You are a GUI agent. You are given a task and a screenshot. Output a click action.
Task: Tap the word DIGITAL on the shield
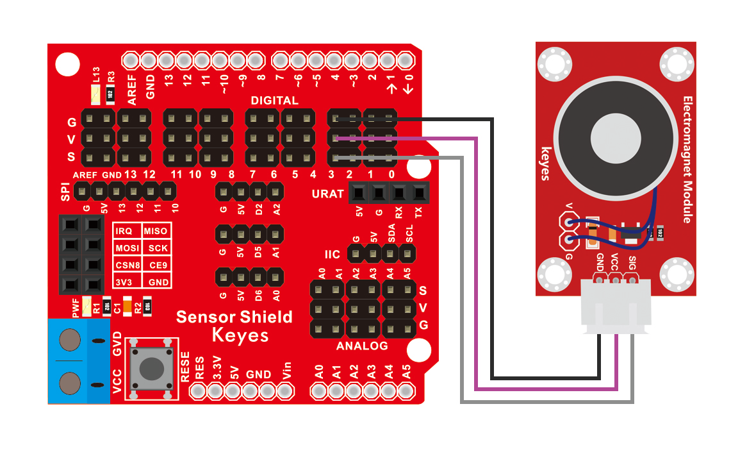tap(275, 100)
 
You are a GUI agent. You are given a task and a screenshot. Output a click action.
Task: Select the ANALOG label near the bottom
tap(362, 346)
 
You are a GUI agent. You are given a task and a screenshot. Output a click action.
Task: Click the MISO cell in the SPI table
tap(156, 231)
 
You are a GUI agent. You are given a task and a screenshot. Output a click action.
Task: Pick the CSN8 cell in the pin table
tap(127, 265)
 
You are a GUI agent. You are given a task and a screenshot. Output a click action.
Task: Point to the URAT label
tap(328, 194)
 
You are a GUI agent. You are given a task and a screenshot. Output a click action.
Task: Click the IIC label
tap(333, 255)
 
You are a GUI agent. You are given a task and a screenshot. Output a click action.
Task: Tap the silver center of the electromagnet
tap(616, 139)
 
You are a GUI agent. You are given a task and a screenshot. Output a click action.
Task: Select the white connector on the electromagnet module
tap(616, 307)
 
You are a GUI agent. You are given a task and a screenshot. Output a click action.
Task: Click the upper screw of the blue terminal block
tap(70, 340)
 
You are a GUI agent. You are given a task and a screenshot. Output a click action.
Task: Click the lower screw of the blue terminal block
tap(70, 383)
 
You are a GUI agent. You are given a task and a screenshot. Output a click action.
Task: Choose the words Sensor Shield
tap(234, 317)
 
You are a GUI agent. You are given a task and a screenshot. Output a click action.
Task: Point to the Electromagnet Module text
tap(687, 160)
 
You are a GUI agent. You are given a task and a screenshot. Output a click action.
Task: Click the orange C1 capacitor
tap(127, 306)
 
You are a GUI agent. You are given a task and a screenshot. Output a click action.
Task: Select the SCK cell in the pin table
tap(158, 248)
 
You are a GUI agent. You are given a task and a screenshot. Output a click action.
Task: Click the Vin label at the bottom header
tap(287, 371)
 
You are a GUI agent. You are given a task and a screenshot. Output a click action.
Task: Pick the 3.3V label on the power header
tap(217, 368)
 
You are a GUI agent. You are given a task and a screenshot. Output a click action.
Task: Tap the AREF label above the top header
tap(132, 90)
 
